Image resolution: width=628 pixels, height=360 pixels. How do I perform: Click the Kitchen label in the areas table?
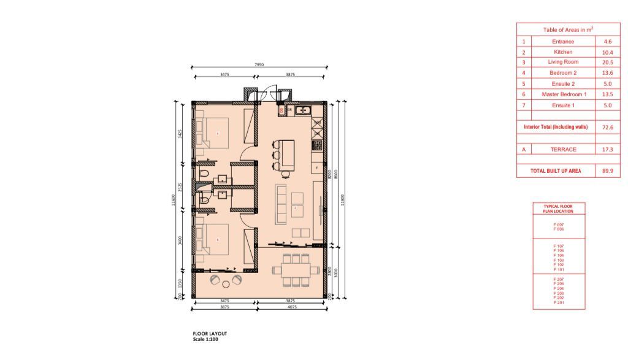click(562, 52)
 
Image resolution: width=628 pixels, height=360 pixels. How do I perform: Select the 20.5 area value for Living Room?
click(607, 63)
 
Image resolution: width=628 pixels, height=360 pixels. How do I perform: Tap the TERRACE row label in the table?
click(562, 149)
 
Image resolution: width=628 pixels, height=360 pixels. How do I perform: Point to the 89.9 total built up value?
click(607, 171)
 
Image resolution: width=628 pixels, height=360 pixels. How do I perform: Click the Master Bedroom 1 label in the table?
click(562, 94)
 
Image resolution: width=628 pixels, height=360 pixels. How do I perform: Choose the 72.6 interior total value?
click(607, 127)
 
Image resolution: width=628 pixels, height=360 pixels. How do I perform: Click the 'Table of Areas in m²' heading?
click(568, 29)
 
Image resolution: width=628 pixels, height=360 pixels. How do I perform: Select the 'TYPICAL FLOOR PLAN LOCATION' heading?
click(559, 209)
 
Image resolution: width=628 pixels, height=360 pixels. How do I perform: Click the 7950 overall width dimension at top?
click(259, 64)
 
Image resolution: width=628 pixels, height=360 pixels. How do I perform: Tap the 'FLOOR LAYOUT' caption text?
click(206, 334)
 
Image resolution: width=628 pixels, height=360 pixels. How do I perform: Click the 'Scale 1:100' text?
click(205, 339)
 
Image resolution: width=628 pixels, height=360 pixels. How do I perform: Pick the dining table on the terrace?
click(296, 269)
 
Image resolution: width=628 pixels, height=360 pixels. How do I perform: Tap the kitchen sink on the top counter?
click(303, 111)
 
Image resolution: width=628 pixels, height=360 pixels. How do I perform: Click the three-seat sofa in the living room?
click(281, 203)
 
